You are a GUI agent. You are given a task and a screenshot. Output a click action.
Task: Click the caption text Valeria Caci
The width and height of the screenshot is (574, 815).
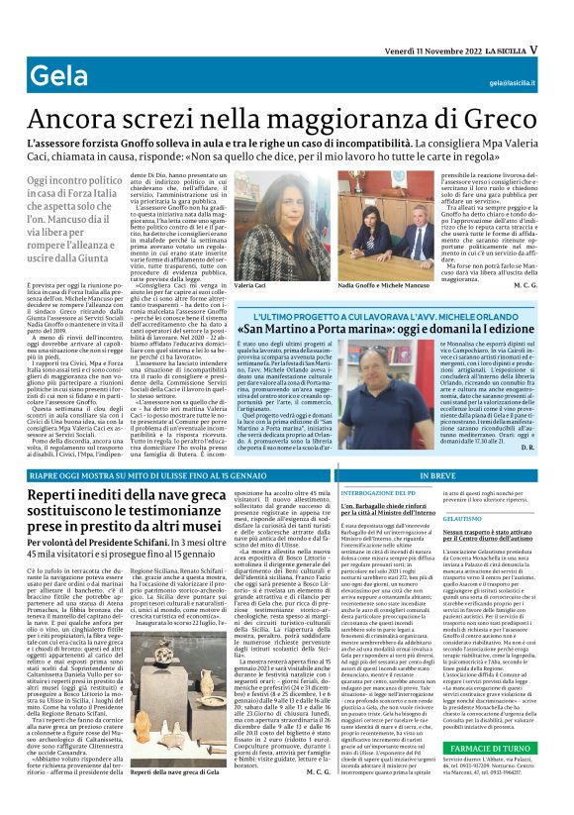point(252,285)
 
